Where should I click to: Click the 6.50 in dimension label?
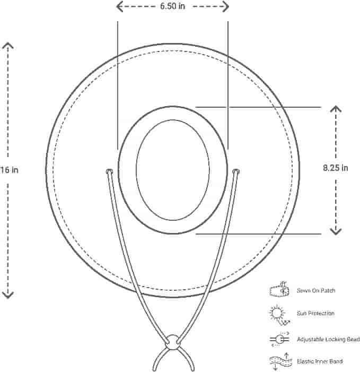(x=172, y=6)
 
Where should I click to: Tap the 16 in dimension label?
(x=9, y=170)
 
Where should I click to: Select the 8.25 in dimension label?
(x=336, y=168)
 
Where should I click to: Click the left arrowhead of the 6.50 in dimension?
(x=119, y=6)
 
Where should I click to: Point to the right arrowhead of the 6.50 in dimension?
(x=226, y=6)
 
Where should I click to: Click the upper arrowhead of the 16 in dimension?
(x=8, y=46)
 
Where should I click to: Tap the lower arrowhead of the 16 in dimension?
(x=8, y=295)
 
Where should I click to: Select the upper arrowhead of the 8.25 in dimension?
(x=336, y=109)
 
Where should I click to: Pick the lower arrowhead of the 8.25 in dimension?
(x=336, y=231)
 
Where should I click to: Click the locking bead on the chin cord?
(x=173, y=342)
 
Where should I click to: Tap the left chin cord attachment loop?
(x=109, y=171)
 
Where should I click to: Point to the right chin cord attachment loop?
(x=236, y=171)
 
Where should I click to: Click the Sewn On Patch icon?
(x=279, y=289)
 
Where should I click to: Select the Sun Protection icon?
(x=279, y=315)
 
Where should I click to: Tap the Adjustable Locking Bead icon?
(x=279, y=340)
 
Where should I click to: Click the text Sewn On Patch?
(x=316, y=290)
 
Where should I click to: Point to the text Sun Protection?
(x=315, y=313)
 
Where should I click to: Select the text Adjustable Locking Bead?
(x=328, y=339)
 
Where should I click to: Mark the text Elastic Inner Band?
(x=320, y=361)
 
